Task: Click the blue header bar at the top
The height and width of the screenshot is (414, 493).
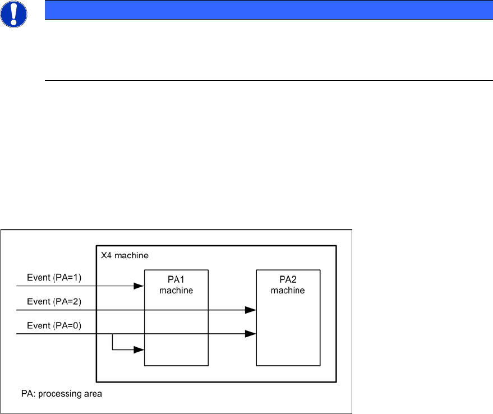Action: [x=264, y=10]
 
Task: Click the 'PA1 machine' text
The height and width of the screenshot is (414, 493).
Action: [x=176, y=284]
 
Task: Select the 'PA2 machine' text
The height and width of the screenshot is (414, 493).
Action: [x=288, y=284]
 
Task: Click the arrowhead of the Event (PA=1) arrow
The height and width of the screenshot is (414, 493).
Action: [x=139, y=286]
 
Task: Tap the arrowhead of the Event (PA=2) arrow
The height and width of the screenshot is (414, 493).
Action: [x=251, y=310]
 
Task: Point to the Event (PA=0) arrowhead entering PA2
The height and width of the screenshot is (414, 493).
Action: [x=251, y=334]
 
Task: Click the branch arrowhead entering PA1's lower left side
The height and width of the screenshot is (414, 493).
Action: [x=139, y=350]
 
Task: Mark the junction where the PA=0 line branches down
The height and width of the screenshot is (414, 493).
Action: [x=113, y=334]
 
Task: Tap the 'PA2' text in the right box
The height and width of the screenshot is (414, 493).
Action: [x=288, y=279]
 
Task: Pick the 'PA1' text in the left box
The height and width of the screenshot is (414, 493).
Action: [x=176, y=279]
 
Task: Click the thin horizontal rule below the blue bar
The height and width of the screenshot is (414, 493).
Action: [x=264, y=80]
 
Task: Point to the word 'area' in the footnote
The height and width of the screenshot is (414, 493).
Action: [x=93, y=394]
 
